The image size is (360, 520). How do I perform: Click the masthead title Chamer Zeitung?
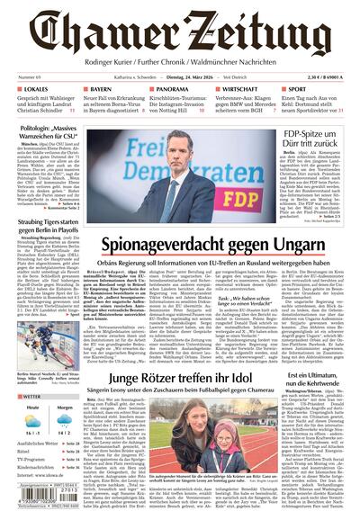[180, 34]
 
